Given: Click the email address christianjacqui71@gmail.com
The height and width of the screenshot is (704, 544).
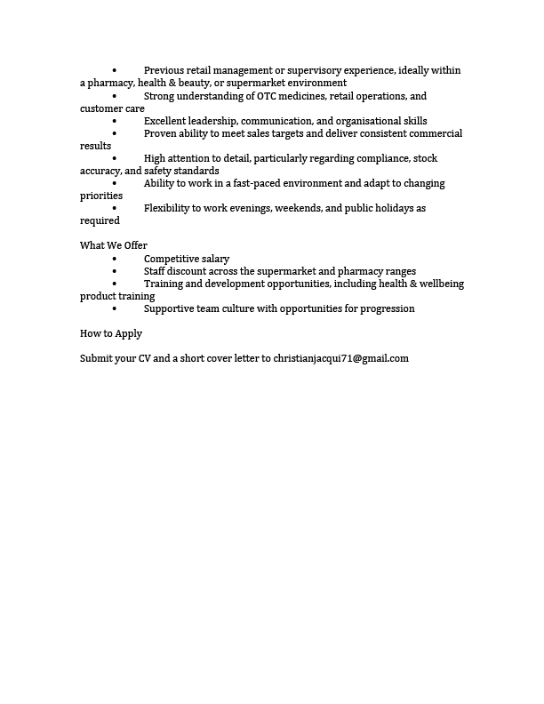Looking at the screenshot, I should pyautogui.click(x=341, y=358).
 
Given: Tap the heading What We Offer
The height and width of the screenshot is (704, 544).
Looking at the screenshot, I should pyautogui.click(x=114, y=245).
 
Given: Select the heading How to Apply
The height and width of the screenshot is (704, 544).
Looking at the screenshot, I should pyautogui.click(x=111, y=333).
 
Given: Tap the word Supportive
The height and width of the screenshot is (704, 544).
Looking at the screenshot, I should pyautogui.click(x=172, y=308).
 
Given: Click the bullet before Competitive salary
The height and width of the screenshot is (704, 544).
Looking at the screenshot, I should pyautogui.click(x=115, y=259).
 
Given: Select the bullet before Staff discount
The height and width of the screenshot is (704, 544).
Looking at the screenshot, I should pyautogui.click(x=115, y=271).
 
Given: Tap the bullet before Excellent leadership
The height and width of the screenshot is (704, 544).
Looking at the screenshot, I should pyautogui.click(x=115, y=121).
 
